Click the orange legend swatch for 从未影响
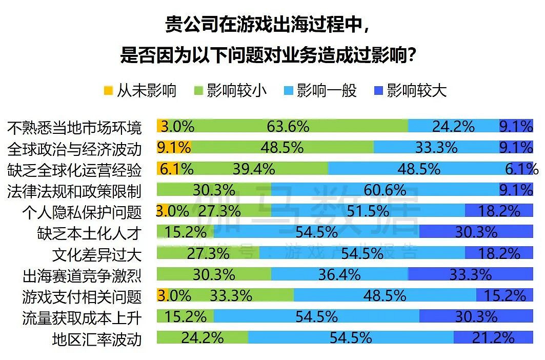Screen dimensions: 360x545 click(x=108, y=91)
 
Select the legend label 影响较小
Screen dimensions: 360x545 click(x=236, y=91)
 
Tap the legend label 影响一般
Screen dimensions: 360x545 click(x=327, y=91)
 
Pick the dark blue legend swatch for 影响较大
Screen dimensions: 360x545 click(x=379, y=91)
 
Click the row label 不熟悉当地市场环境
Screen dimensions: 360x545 click(x=75, y=127)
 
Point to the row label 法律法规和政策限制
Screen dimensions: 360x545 click(x=75, y=191)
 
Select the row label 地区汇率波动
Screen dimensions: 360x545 click(x=97, y=339)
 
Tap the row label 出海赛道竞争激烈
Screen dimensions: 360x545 click(x=82, y=276)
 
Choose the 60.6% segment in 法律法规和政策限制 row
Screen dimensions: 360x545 click(x=385, y=190)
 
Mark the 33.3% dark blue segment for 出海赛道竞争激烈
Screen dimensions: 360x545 click(x=471, y=275)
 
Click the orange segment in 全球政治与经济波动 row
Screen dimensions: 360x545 click(x=174, y=148)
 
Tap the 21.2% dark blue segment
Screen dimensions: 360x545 click(x=493, y=338)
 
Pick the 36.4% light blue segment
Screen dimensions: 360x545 click(x=339, y=275)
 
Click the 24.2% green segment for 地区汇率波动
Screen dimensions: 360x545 click(x=202, y=338)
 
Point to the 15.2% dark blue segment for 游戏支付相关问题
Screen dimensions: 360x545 click(x=504, y=295)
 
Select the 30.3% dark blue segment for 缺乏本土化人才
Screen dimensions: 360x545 click(x=476, y=232)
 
